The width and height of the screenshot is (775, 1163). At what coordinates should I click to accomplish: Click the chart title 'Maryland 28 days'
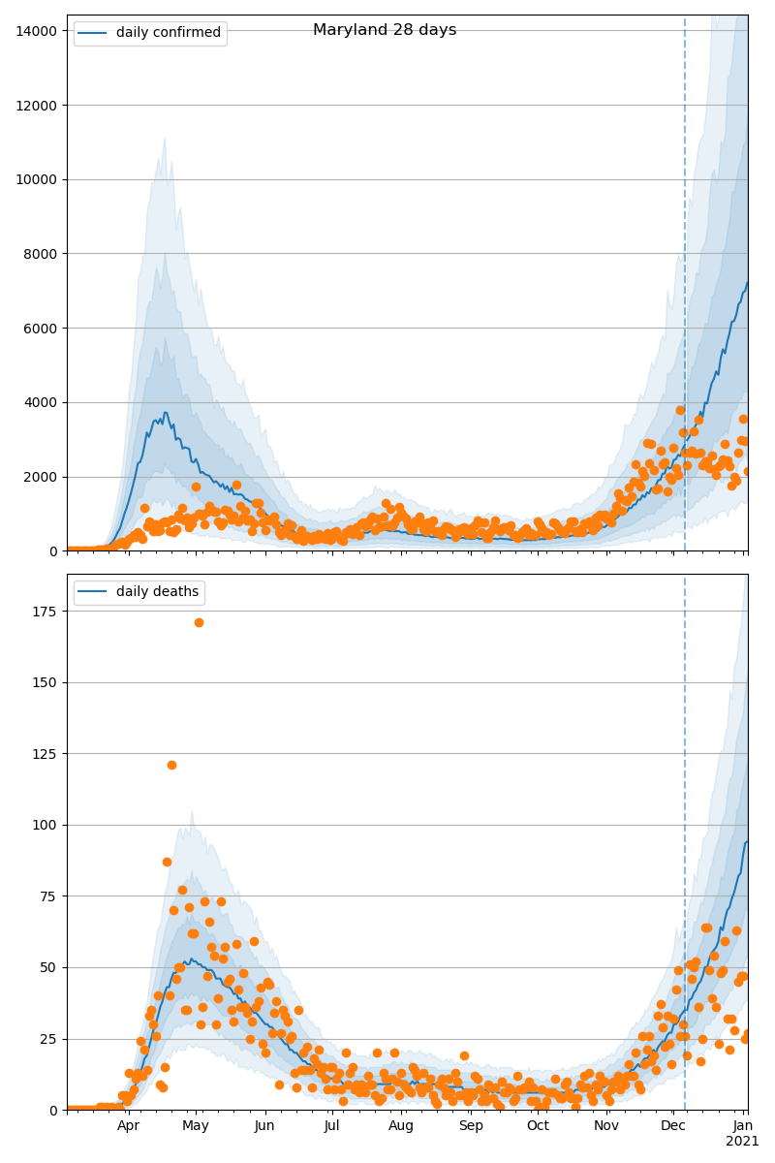(385, 30)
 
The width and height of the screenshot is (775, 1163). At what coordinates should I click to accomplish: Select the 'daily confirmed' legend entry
(168, 33)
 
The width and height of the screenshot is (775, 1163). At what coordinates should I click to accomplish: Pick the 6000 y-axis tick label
(41, 329)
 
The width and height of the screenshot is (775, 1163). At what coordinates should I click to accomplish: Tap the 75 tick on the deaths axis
(50, 896)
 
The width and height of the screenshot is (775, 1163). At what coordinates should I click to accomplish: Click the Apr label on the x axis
(128, 1126)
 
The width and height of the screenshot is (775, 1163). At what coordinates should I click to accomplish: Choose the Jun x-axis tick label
(264, 1126)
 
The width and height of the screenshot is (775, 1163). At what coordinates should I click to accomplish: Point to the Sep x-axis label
(471, 1126)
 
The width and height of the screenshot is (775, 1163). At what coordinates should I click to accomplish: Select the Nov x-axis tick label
(606, 1126)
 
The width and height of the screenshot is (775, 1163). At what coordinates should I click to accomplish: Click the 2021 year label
(742, 1142)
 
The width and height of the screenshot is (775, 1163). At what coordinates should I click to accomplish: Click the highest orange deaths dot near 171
(199, 622)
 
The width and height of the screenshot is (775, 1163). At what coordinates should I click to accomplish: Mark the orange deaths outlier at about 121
(171, 765)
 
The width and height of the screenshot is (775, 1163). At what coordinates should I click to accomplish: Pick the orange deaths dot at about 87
(167, 862)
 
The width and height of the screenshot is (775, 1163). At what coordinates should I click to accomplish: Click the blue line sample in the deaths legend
(93, 592)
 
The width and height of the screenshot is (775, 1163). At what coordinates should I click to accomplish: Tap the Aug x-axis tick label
(401, 1126)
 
